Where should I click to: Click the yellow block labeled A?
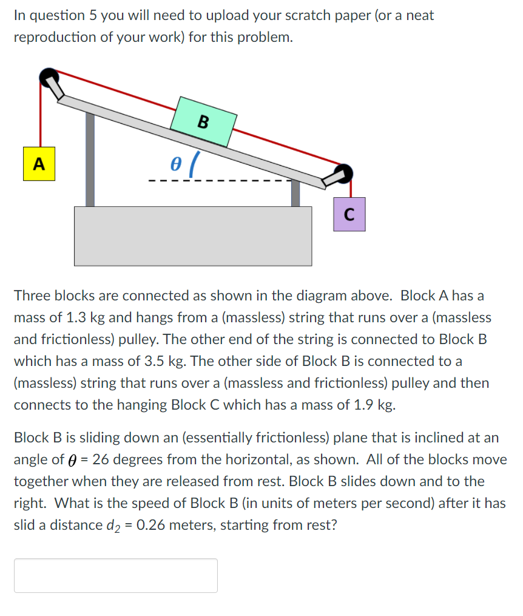[x=39, y=164]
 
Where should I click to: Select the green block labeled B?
[x=203, y=121]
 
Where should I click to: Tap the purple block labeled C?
[x=349, y=214]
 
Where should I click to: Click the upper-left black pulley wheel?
[x=49, y=76]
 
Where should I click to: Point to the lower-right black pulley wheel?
[x=344, y=172]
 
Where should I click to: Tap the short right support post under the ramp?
[x=295, y=193]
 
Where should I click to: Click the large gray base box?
[x=193, y=236]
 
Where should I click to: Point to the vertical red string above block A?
[x=41, y=115]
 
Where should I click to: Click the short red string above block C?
[x=351, y=188]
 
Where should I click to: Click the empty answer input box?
[x=115, y=575]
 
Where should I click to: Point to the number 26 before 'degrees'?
[x=101, y=459]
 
